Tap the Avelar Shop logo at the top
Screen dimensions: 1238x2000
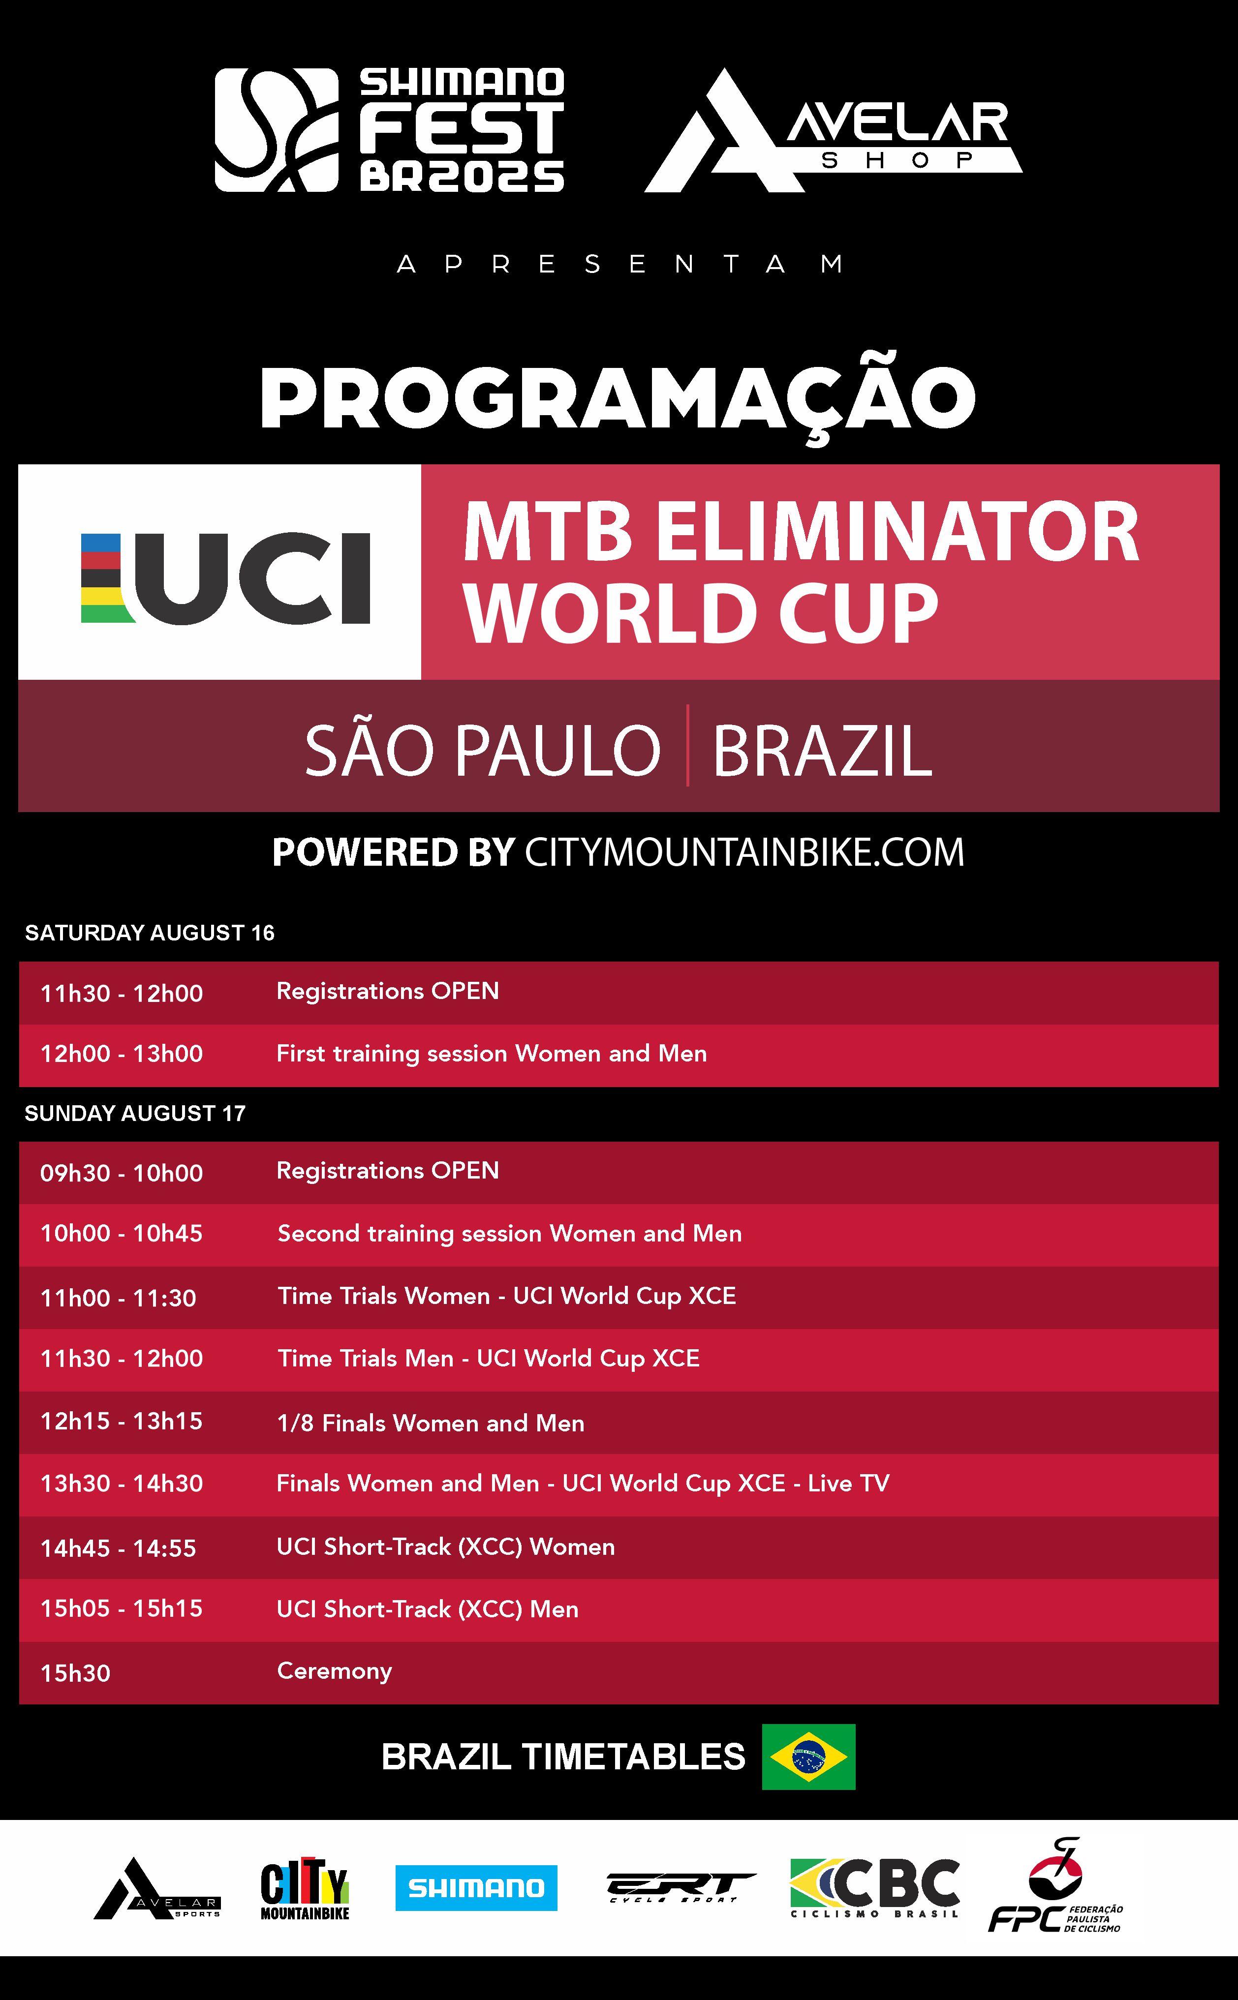tap(834, 130)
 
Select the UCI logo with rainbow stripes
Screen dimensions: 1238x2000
tap(225, 578)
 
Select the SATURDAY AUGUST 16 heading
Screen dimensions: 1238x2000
tap(150, 933)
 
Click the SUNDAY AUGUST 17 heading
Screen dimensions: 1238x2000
tap(135, 1113)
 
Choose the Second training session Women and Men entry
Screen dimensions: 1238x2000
tap(509, 1233)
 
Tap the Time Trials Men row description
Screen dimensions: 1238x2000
tap(489, 1359)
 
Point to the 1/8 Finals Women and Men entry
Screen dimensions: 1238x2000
tap(431, 1423)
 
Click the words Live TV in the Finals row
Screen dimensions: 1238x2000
tap(848, 1484)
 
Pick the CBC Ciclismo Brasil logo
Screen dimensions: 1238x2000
tap(874, 1888)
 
